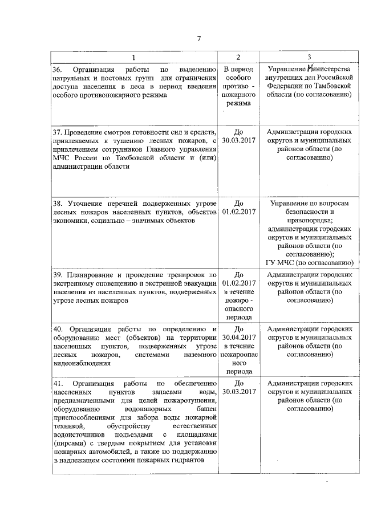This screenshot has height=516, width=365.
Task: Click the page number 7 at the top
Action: (x=199, y=39)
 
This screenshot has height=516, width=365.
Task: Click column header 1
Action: (x=135, y=57)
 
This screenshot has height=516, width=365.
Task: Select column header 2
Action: (x=238, y=57)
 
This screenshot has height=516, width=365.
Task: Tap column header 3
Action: (x=309, y=57)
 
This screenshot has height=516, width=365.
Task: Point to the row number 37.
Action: (x=56, y=132)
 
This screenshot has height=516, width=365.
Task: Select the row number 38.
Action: (x=56, y=204)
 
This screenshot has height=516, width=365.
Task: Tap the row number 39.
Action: (x=56, y=274)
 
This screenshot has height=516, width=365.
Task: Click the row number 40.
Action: (x=56, y=329)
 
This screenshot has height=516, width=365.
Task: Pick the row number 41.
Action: (x=56, y=383)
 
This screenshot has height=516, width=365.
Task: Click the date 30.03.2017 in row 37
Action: (x=239, y=141)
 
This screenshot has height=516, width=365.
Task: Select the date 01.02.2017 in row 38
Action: (x=239, y=212)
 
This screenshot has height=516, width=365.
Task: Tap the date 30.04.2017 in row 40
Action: (x=239, y=338)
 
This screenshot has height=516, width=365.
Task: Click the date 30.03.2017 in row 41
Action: (x=239, y=392)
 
